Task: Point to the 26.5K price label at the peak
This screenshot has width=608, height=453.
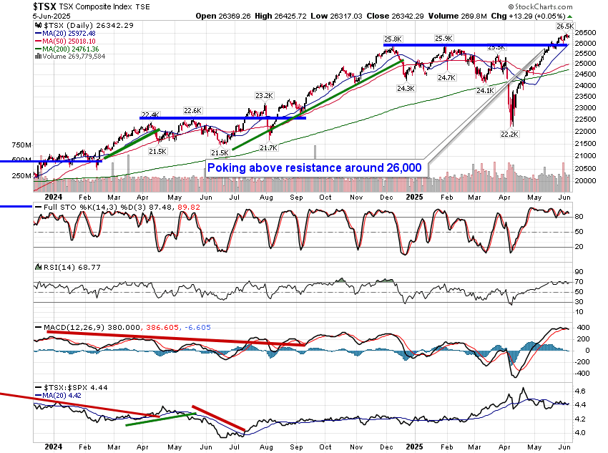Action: pyautogui.click(x=564, y=26)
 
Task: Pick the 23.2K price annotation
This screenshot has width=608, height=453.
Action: pyautogui.click(x=264, y=95)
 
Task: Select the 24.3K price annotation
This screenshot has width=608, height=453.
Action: pyautogui.click(x=406, y=89)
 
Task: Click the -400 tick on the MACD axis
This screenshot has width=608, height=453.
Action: pyautogui.click(x=582, y=373)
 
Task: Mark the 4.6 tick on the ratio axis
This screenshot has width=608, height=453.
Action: pyautogui.click(x=580, y=391)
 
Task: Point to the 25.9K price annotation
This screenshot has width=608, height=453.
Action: pyautogui.click(x=443, y=39)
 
